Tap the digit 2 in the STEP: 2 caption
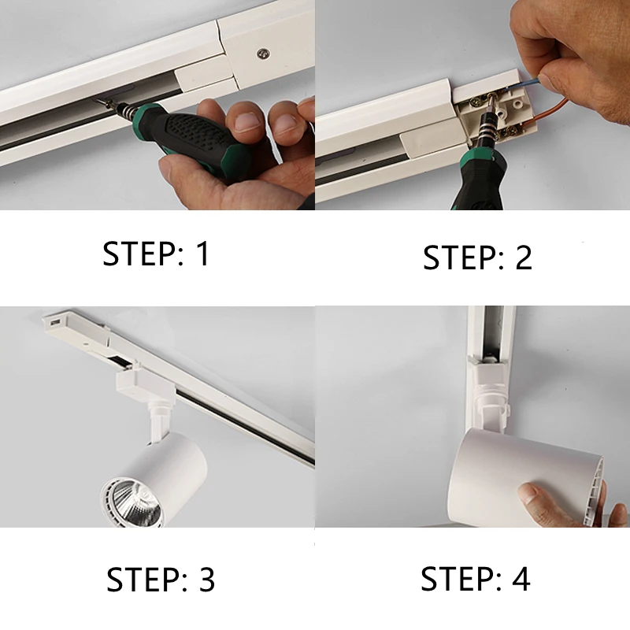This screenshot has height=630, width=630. pos(524,258)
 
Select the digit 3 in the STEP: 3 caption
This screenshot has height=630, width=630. pos(207,580)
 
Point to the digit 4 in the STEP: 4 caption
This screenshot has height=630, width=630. pos(521,578)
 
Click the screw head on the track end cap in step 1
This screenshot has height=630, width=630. pos(263,53)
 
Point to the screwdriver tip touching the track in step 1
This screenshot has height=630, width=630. pos(98,102)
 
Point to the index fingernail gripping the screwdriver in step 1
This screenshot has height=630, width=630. pos(246,123)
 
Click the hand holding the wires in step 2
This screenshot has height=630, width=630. pos(575,52)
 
